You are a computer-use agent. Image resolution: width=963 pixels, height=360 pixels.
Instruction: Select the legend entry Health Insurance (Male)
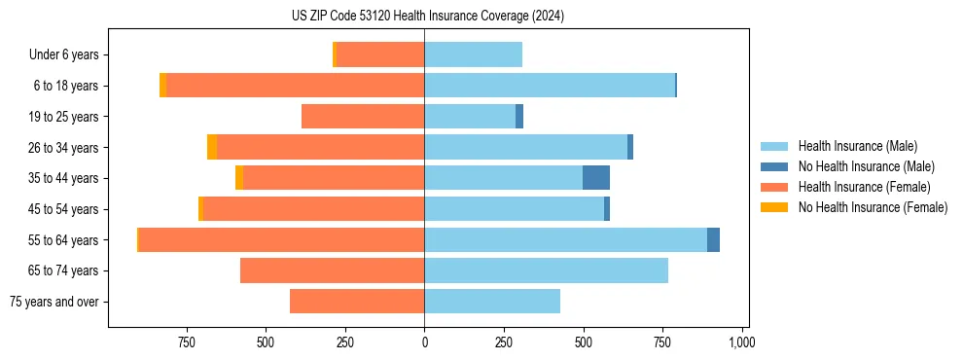tap(857, 146)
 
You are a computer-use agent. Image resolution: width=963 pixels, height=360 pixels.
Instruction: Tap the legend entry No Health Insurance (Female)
tap(873, 207)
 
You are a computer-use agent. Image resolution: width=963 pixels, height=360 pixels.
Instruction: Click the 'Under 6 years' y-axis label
tap(64, 55)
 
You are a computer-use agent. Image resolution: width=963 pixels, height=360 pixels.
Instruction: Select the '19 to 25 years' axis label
tap(62, 117)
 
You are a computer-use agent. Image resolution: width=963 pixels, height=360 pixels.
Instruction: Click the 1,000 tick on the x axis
tap(742, 342)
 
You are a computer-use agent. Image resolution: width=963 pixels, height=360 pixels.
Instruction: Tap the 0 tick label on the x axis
tap(424, 342)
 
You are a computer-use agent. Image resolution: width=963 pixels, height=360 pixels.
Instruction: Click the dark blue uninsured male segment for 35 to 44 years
tap(596, 178)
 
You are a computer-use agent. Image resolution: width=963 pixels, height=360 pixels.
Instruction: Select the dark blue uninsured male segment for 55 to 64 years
tap(713, 240)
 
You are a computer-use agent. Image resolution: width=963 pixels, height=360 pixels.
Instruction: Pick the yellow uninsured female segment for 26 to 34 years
tap(212, 148)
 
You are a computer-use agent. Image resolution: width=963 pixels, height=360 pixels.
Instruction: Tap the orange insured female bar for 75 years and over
tap(357, 302)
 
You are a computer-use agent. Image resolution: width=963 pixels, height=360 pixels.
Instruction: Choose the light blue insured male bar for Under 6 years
tap(473, 55)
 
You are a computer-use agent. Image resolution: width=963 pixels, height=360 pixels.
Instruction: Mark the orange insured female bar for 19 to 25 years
tap(363, 117)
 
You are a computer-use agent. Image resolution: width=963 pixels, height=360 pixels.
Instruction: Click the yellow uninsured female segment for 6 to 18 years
tap(163, 86)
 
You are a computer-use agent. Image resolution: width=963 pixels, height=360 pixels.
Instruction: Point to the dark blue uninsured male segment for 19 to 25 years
tap(519, 117)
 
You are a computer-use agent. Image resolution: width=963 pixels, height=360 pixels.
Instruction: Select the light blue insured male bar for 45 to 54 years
tap(514, 209)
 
